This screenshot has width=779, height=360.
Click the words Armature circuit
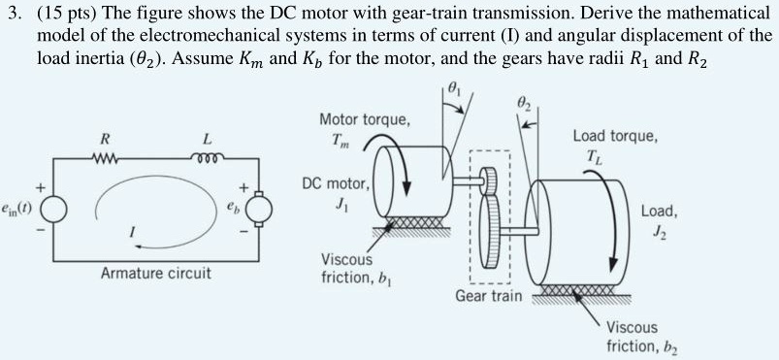point(155,273)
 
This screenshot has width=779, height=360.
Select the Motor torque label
point(364,120)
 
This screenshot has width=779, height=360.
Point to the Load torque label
point(614,137)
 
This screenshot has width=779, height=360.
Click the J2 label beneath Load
point(660,230)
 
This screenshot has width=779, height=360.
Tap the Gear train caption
point(489,294)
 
